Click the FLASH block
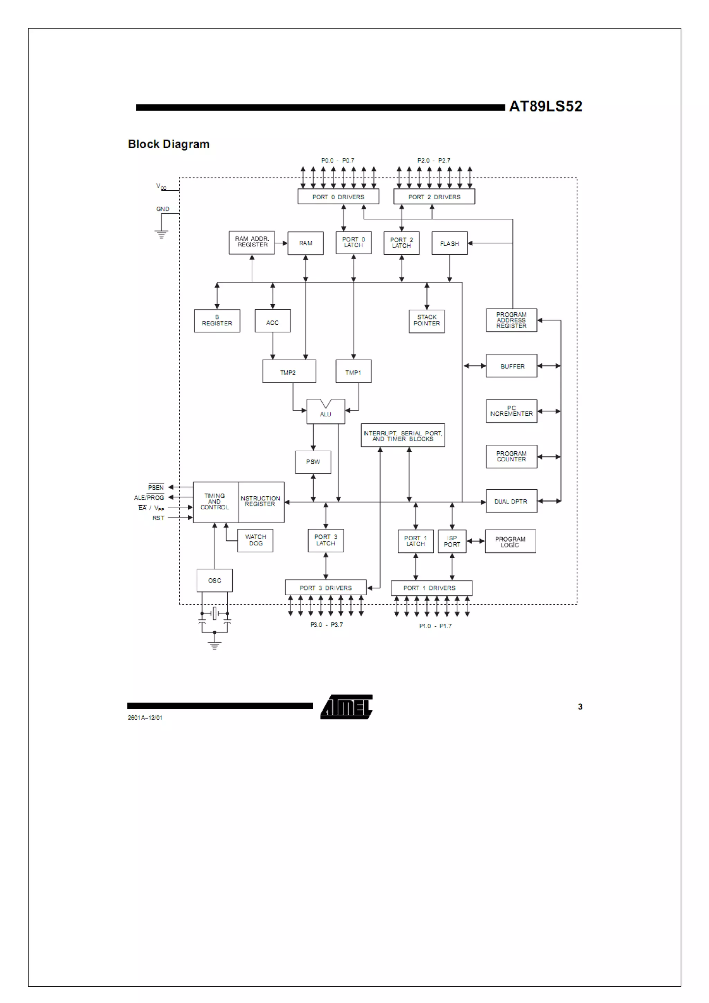(449, 243)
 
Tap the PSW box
(313, 462)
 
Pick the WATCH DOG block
(255, 540)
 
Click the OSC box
(215, 580)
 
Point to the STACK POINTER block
(427, 320)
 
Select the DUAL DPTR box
(511, 501)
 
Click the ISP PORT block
(452, 541)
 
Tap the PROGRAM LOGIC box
(510, 542)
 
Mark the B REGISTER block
(217, 320)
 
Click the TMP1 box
(353, 372)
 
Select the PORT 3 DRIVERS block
(325, 588)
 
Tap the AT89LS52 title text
(545, 106)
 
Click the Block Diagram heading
(169, 144)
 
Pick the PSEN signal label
(155, 487)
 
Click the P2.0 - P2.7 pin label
(433, 160)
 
